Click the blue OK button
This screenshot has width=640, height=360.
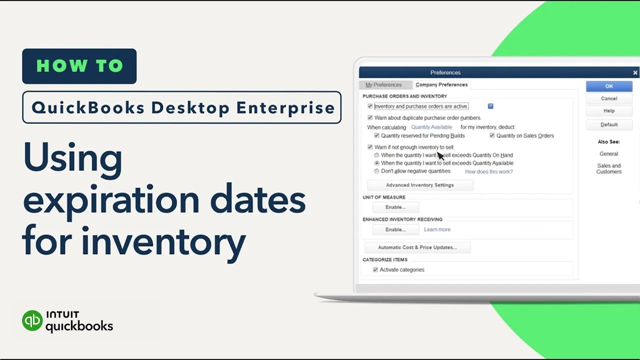(608, 86)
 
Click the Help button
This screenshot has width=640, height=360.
(608, 111)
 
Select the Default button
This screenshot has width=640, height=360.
(608, 124)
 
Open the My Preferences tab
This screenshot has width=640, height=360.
(383, 85)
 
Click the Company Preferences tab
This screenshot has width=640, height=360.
(441, 85)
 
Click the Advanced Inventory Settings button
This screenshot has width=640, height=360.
(420, 185)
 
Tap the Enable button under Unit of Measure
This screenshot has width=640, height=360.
(395, 207)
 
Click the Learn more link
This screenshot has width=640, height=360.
(437, 229)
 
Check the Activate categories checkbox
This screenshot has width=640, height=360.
(375, 270)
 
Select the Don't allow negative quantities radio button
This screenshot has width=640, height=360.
(377, 171)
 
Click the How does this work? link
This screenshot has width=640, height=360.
(488, 171)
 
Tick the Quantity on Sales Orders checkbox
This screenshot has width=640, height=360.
(492, 135)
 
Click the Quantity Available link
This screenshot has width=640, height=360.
(431, 127)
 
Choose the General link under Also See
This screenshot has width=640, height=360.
(608, 154)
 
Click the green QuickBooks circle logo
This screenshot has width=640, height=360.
(32, 320)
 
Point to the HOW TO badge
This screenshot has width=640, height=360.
(79, 66)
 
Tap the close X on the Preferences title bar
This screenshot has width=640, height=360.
(635, 73)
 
